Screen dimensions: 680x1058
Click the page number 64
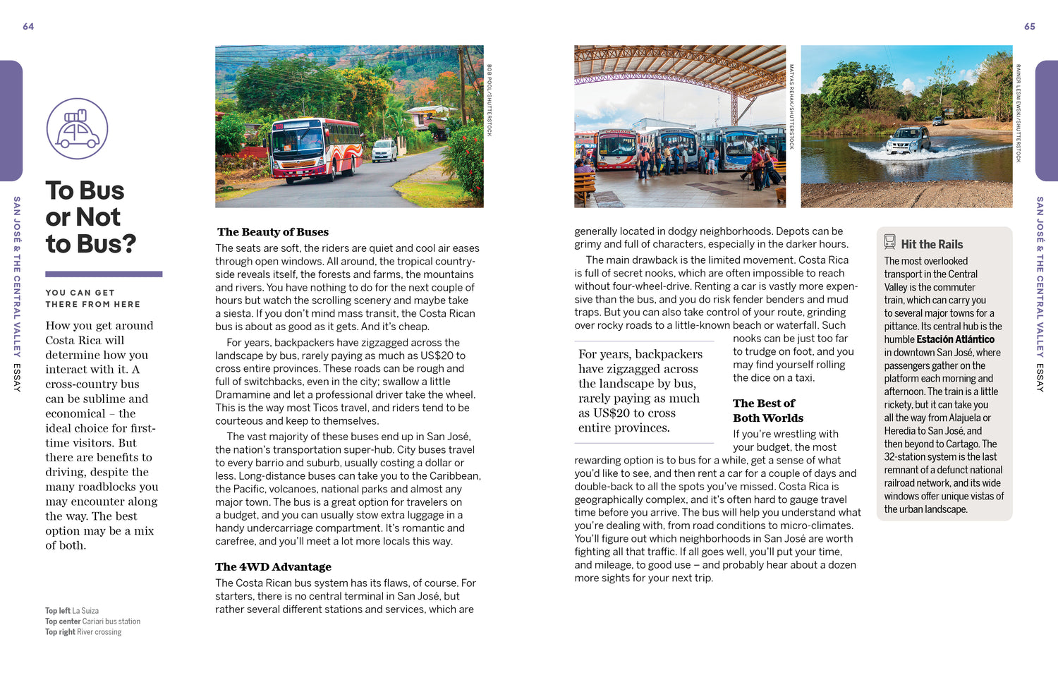(28, 27)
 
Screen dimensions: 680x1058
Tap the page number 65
(1030, 27)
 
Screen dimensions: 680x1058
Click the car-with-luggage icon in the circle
(77, 128)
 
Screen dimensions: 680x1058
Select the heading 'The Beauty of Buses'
(273, 232)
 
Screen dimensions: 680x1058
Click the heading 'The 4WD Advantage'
(273, 566)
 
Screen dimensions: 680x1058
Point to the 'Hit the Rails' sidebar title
(932, 244)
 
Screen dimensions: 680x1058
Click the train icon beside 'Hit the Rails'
(890, 242)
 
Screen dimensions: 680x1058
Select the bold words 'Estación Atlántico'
(956, 339)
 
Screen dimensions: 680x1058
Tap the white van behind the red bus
(384, 150)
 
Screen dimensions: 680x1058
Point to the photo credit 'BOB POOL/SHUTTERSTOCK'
(490, 100)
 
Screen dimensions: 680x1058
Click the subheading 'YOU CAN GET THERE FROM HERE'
(92, 298)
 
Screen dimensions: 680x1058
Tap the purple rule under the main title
(104, 274)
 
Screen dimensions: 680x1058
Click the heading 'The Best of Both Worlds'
(767, 411)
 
